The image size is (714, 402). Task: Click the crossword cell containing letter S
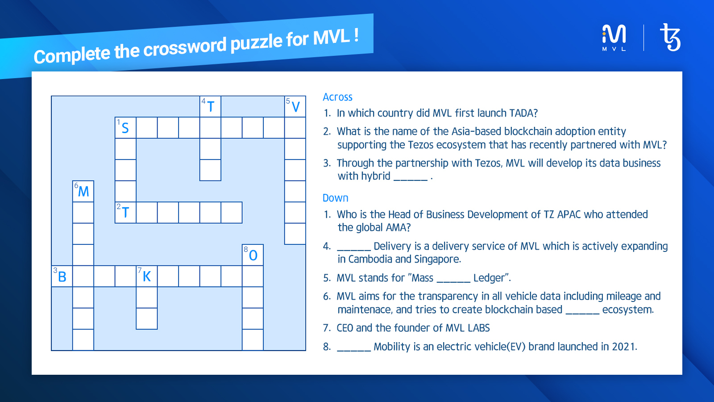[125, 128]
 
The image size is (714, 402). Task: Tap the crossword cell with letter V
[295, 107]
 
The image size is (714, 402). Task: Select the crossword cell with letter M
[83, 192]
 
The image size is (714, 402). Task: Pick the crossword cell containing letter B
[62, 276]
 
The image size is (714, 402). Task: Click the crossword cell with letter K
[147, 276]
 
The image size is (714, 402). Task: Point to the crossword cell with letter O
[253, 255]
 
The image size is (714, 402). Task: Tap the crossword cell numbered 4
[210, 107]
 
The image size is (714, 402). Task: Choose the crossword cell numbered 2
[125, 213]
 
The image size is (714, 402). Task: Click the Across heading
[337, 97]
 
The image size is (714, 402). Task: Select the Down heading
[335, 198]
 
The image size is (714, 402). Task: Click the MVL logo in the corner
[614, 38]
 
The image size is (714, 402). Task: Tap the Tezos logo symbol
[670, 38]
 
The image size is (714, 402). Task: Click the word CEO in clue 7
[345, 328]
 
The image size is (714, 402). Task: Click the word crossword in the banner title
[185, 47]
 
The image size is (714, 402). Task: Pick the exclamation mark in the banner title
[356, 35]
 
